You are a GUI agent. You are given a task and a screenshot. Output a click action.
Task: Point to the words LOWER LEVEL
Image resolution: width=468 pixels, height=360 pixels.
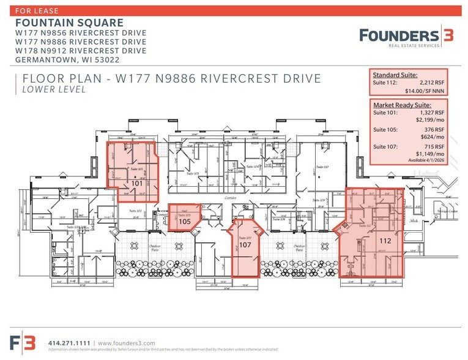(53, 89)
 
